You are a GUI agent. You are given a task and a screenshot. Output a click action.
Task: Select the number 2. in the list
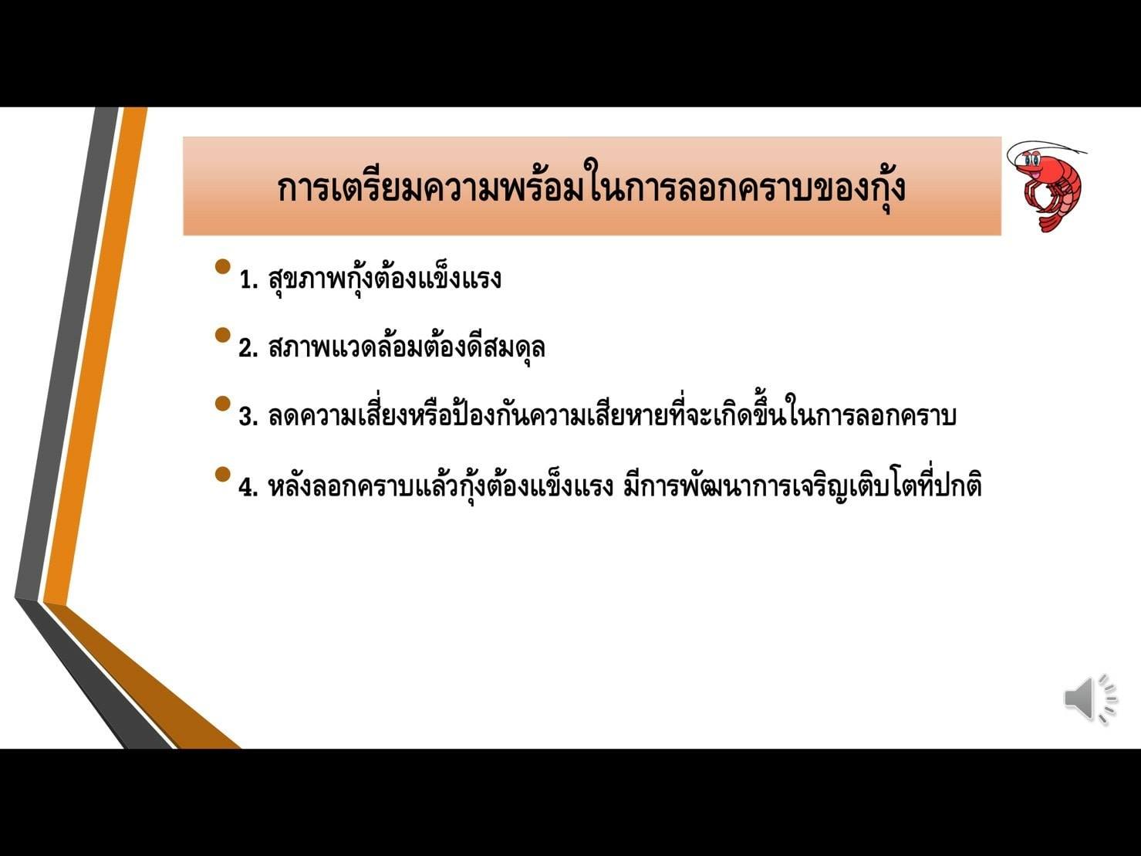248,348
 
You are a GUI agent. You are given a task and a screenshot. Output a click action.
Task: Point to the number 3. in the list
248,417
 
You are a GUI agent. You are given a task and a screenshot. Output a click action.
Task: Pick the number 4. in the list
248,487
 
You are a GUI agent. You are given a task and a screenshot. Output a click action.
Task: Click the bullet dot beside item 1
222,267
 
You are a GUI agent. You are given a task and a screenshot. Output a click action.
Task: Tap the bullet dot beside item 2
222,335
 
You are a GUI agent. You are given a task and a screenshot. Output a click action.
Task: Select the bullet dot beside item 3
222,404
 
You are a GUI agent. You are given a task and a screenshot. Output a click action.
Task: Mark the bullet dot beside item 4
222,474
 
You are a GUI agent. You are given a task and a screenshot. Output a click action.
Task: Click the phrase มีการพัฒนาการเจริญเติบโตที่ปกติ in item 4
802,486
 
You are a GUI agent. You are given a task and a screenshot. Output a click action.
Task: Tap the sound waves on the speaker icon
1107,699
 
